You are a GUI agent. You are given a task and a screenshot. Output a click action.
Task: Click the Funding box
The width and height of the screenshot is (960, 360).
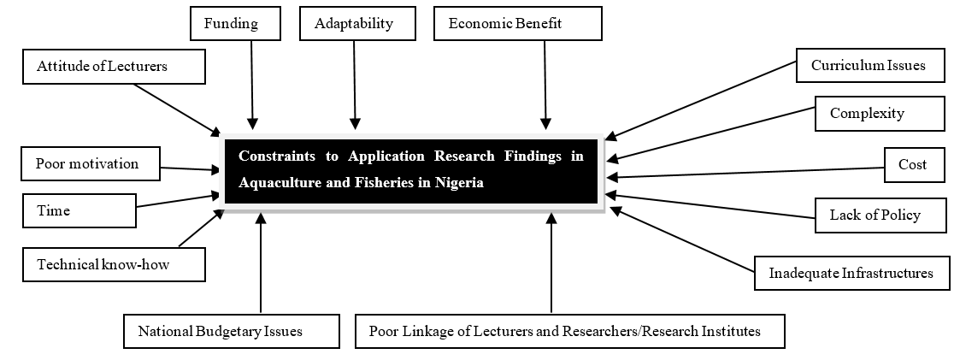point(235,23)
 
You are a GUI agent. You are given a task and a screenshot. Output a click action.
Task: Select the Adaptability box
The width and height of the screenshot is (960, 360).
point(356,23)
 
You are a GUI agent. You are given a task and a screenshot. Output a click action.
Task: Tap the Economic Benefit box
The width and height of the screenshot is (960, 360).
point(517,23)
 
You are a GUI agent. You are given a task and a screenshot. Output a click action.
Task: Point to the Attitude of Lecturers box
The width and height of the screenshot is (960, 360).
point(114,67)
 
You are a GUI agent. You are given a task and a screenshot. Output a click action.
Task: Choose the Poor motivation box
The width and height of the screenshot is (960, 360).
point(91,163)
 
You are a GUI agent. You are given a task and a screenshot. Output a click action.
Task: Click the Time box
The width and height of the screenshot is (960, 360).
point(79,210)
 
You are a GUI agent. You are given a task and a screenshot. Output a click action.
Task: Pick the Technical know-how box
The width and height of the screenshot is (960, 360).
point(114,264)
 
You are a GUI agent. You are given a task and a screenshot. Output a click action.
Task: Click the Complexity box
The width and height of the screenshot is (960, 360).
point(879,114)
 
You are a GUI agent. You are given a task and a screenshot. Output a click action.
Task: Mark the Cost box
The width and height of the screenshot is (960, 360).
point(914,164)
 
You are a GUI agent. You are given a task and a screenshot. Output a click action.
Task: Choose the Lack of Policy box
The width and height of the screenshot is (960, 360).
point(880,215)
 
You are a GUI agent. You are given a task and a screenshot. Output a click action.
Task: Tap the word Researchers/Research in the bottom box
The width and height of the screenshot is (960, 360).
point(656,331)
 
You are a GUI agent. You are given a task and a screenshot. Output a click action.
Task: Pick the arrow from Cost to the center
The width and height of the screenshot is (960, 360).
point(752,172)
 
